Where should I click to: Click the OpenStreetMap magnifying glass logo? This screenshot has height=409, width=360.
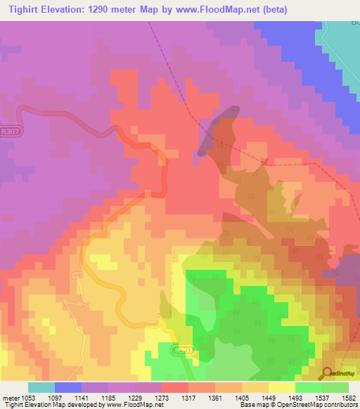tap(327, 372)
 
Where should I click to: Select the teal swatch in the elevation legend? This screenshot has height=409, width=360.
tap(41, 387)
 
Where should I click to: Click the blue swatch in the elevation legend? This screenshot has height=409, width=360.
tap(68, 387)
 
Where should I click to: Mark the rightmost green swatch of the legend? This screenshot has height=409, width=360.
tap(335, 387)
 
